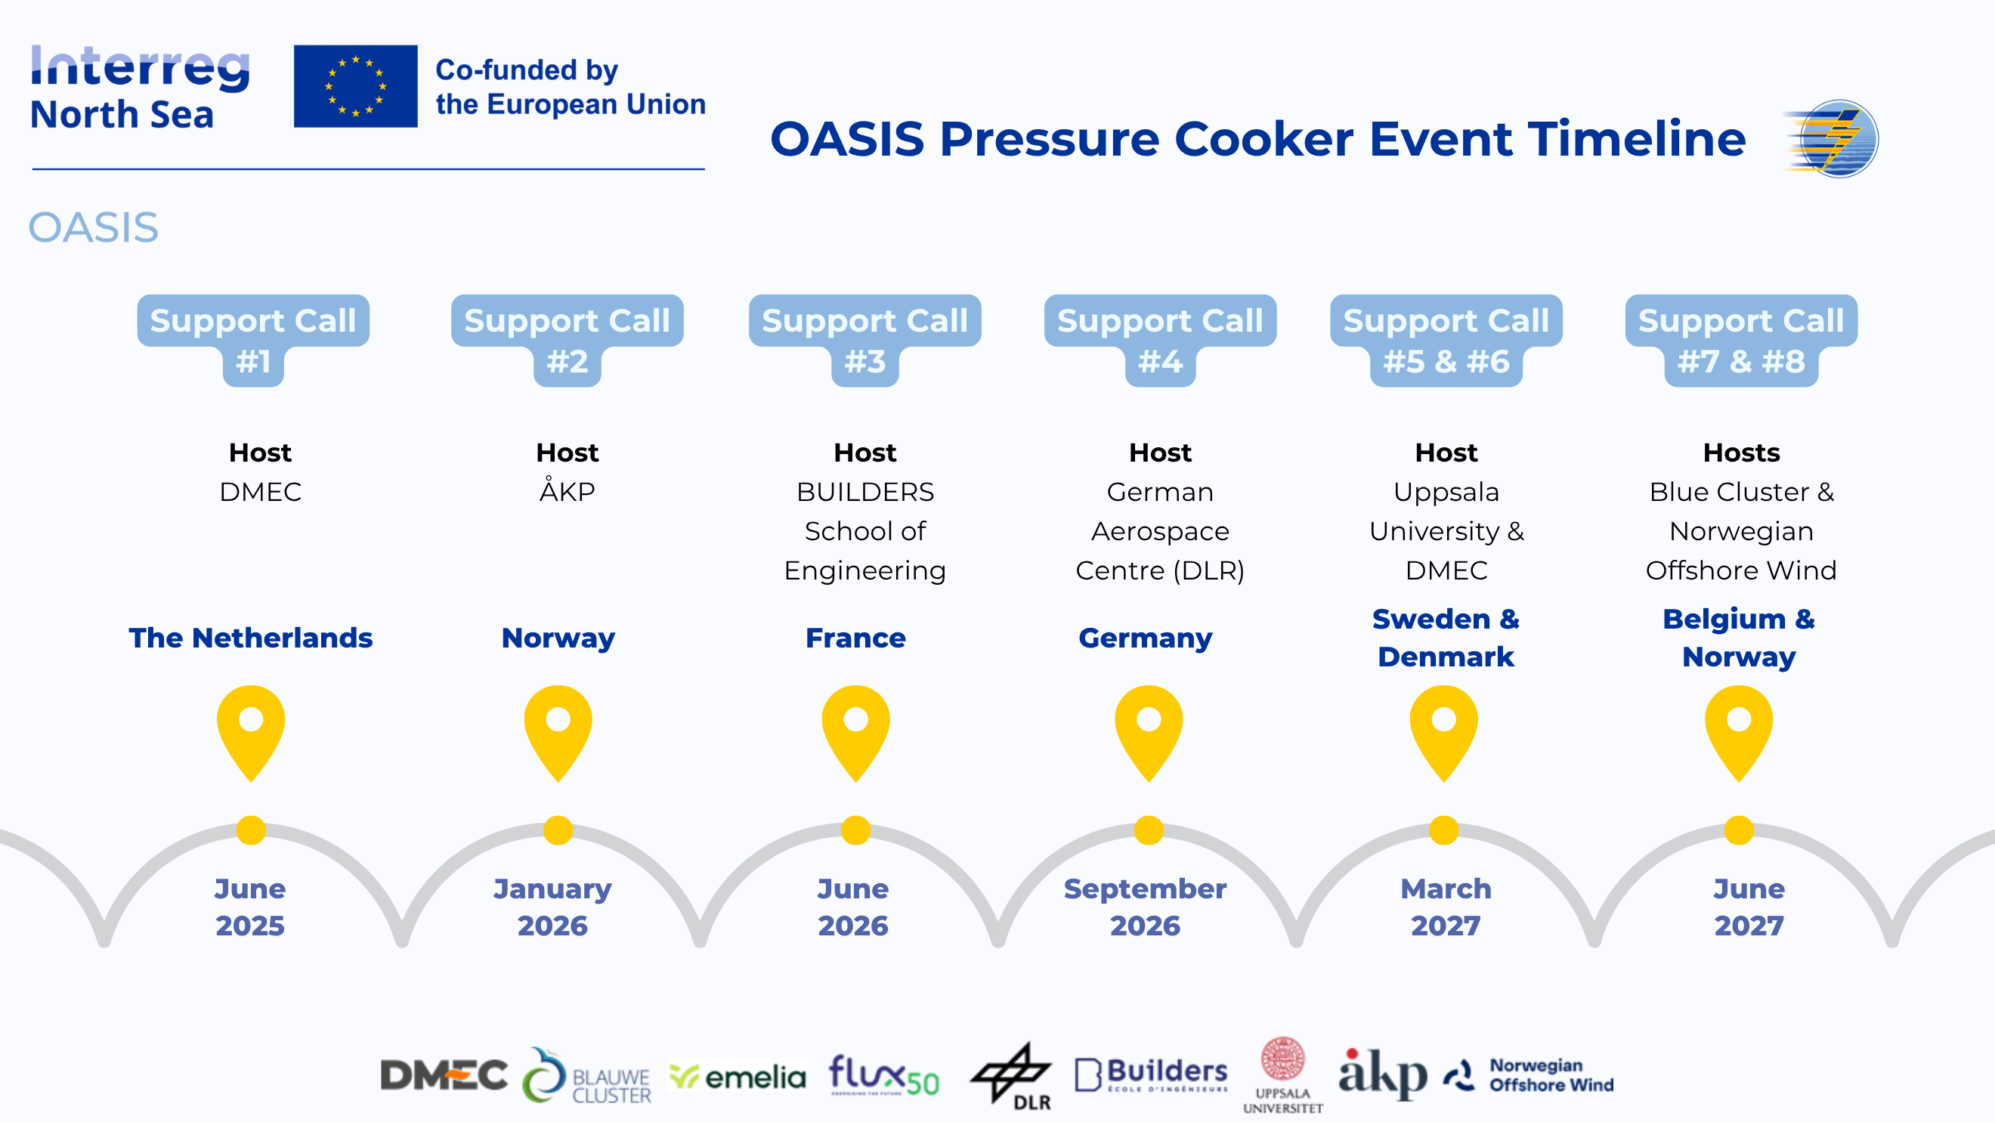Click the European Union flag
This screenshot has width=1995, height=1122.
click(x=355, y=86)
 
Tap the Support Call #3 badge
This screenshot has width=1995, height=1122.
click(x=865, y=340)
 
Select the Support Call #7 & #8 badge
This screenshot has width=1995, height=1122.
click(x=1741, y=340)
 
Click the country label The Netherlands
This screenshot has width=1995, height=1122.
click(x=251, y=637)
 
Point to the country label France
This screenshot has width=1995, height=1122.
click(x=855, y=637)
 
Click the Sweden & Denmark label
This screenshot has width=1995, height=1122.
click(x=1446, y=637)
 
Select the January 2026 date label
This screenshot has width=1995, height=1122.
click(x=552, y=907)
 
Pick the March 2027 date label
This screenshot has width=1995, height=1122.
click(x=1446, y=907)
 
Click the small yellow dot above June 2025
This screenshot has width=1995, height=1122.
click(x=251, y=830)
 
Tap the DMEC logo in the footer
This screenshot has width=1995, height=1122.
click(x=444, y=1074)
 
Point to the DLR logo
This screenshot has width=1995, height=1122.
click(x=1012, y=1077)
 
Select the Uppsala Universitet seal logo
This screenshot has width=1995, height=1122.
click(x=1283, y=1074)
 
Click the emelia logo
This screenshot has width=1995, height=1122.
click(x=738, y=1077)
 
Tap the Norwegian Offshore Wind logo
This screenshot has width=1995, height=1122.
click(x=1529, y=1074)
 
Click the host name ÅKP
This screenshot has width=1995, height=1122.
click(x=567, y=490)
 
